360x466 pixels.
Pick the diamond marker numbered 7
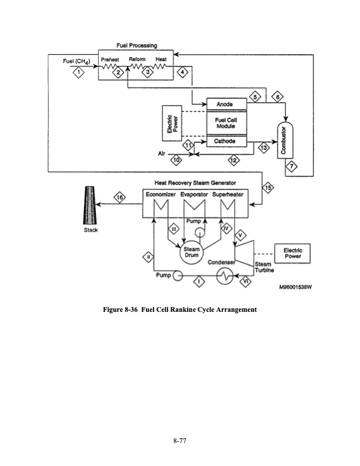click(291, 167)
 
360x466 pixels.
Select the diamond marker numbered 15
click(269, 188)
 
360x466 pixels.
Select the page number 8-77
click(180, 440)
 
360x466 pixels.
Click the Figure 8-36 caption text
click(180, 309)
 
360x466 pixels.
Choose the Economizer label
click(161, 194)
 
